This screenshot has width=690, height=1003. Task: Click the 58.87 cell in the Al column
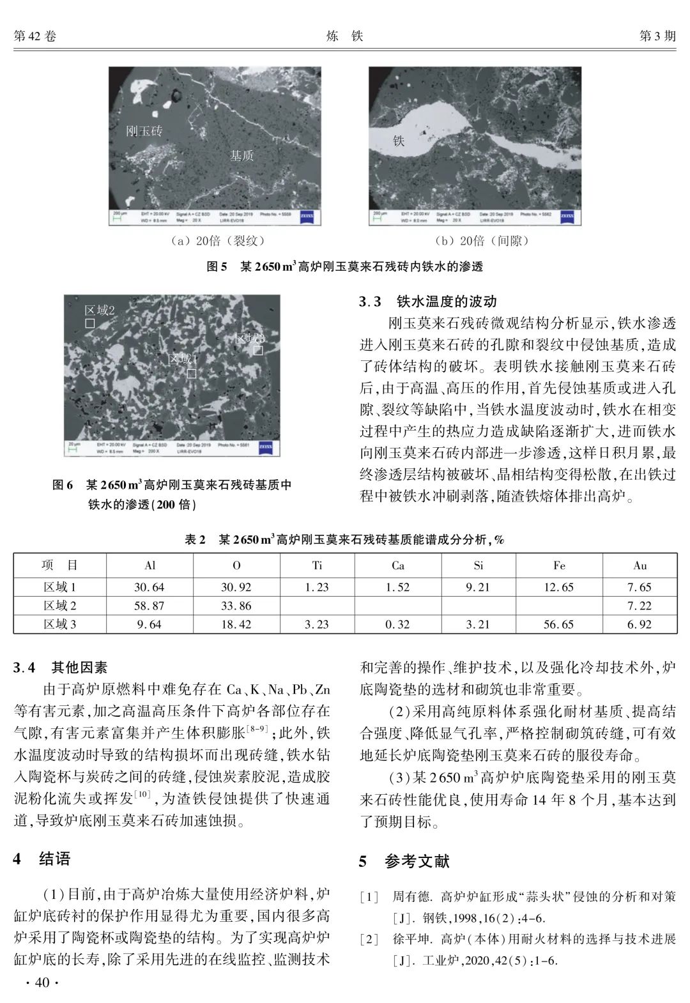coord(149,606)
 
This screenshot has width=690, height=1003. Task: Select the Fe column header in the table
coord(559,565)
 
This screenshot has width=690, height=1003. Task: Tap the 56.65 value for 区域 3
coord(559,624)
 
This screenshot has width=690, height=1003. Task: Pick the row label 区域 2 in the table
coord(59,606)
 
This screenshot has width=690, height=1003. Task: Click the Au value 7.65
coord(640,587)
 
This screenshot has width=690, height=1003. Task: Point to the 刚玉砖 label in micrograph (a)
coord(144,131)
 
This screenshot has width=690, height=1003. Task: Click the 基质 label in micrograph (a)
coord(241,155)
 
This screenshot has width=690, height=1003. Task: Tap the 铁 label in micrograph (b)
coord(399,140)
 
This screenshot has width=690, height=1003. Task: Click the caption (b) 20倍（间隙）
coord(476,241)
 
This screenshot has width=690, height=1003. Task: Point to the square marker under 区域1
coord(191,374)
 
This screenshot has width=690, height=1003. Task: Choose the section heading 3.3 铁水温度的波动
coord(427,302)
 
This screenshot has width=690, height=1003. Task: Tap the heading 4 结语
coord(42,859)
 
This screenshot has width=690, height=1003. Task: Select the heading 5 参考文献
coord(404,862)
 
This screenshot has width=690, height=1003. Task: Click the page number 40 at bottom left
coord(41,983)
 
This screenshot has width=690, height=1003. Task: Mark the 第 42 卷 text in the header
coord(35,36)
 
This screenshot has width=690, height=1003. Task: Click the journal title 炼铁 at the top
coord(344,36)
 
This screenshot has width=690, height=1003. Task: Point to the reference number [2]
coord(369,939)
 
